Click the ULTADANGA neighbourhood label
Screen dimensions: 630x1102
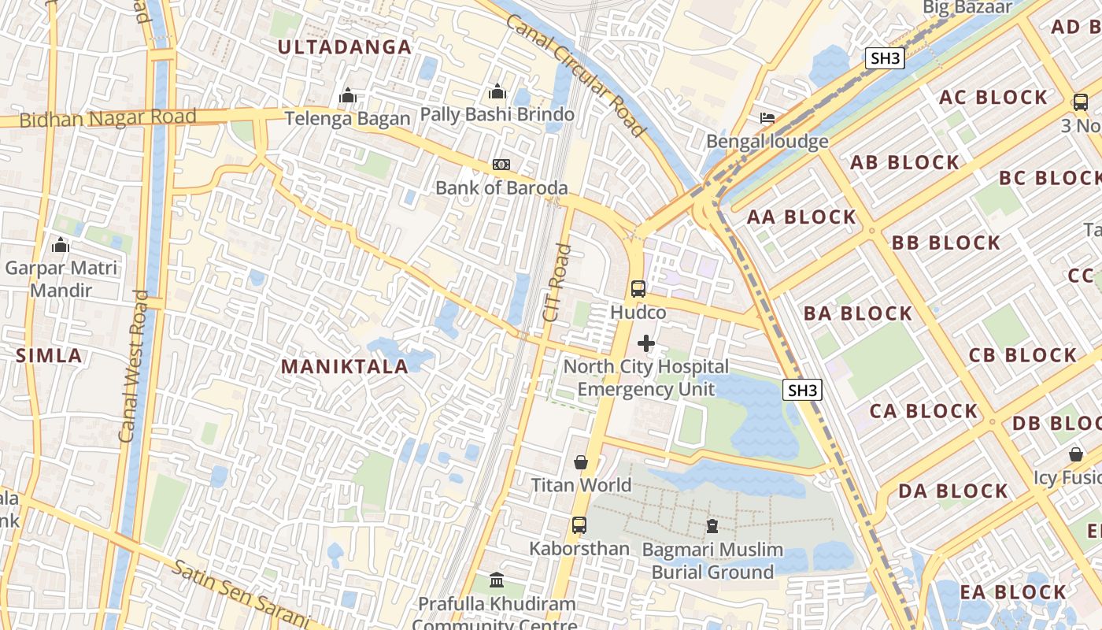tap(345, 47)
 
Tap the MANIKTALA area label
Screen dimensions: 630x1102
tap(345, 366)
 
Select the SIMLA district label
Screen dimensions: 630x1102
tap(49, 355)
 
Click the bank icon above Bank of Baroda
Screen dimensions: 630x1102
tap(501, 164)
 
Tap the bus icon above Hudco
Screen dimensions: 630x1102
tap(638, 288)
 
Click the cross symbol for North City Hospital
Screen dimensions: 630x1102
tap(646, 343)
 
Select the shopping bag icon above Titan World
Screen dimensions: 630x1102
tap(581, 462)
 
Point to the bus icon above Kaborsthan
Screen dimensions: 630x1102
tap(579, 524)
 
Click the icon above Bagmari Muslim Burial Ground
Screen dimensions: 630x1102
tap(712, 525)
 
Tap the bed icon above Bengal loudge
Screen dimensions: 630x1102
tap(767, 118)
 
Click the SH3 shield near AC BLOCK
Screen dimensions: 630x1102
tap(886, 58)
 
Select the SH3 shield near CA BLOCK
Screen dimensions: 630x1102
tap(803, 390)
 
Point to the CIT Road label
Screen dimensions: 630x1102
tap(556, 283)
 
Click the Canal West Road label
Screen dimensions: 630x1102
tap(133, 366)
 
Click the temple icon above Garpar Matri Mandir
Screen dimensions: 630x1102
tap(61, 246)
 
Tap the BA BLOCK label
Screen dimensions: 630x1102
tap(857, 313)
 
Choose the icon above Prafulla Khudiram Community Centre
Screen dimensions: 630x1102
tap(497, 580)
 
